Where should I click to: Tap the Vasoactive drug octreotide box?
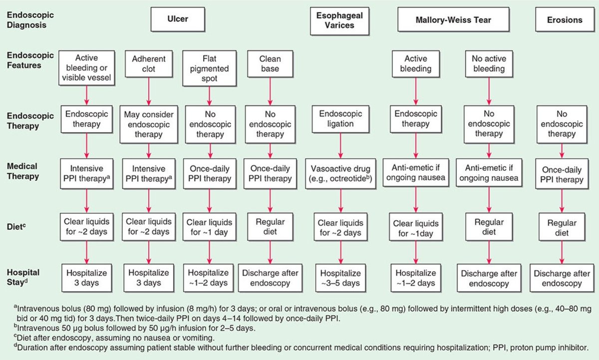(340, 172)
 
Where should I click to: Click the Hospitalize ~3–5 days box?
(340, 278)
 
